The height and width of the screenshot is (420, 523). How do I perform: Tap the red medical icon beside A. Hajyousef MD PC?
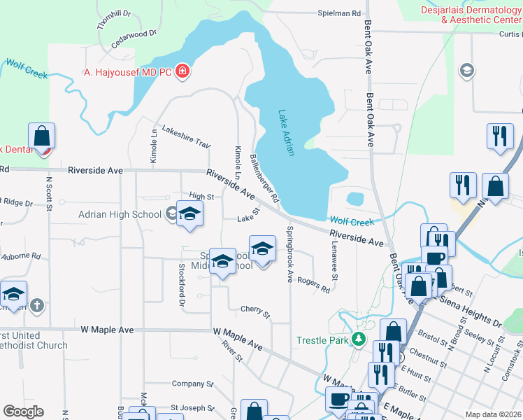click(182, 71)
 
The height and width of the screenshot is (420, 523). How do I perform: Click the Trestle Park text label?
click(322, 341)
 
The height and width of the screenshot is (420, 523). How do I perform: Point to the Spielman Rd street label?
click(339, 13)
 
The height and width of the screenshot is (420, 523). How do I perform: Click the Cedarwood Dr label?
click(134, 36)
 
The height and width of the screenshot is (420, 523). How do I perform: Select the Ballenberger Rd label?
click(264, 179)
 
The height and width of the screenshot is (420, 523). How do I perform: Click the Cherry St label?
click(255, 311)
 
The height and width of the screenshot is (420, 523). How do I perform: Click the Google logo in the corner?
click(23, 412)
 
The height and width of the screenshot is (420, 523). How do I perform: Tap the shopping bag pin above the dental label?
click(42, 136)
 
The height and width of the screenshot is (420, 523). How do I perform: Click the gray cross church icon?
click(37, 305)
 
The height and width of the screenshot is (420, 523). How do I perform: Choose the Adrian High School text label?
click(120, 214)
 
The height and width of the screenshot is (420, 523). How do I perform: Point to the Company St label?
click(192, 384)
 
